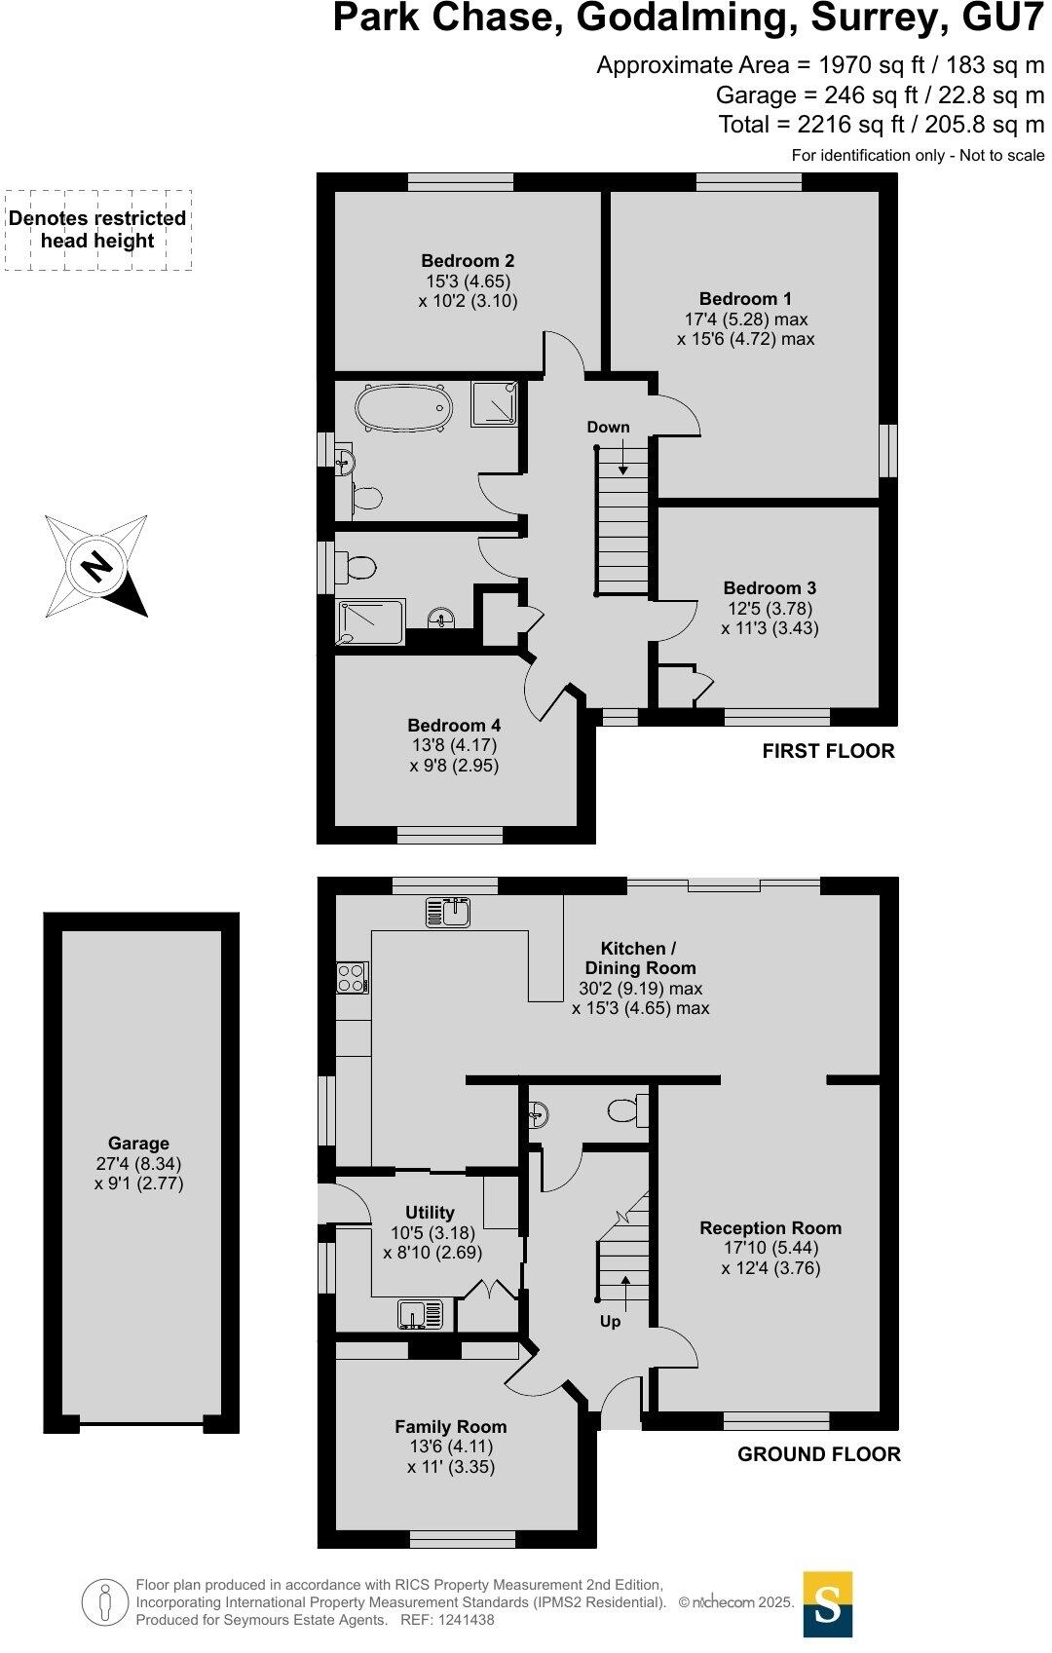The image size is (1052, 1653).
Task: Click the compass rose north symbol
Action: (95, 566)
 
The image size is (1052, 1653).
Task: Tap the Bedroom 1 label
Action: (745, 299)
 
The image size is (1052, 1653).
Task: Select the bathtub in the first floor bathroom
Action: (403, 408)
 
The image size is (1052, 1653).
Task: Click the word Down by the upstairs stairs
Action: (608, 427)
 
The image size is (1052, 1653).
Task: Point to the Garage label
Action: (138, 1144)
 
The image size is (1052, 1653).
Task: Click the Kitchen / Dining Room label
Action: (640, 958)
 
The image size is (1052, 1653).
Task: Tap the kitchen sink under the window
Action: (448, 913)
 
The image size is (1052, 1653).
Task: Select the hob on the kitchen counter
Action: (351, 977)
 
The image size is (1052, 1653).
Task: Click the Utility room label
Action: (430, 1213)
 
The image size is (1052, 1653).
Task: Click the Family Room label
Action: (450, 1427)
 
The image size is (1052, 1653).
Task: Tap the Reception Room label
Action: (770, 1228)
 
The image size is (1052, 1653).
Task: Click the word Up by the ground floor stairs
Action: (610, 1322)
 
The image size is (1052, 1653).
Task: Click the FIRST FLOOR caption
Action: (828, 751)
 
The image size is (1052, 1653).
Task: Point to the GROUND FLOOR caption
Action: (818, 1454)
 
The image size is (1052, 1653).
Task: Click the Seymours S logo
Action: (828, 1604)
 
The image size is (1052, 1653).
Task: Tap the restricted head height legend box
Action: (97, 230)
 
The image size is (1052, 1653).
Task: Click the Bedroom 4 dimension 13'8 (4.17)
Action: (452, 745)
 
